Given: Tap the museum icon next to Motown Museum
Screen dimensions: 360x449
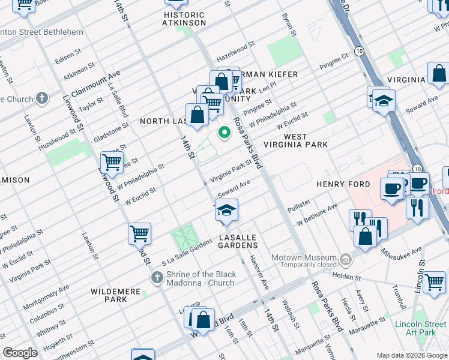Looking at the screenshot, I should coord(346,260).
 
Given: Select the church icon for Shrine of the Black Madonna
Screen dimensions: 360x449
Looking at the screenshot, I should coord(157,277).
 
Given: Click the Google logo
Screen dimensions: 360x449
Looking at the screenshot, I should coord(20,353).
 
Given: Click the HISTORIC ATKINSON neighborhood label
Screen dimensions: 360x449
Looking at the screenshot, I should coord(184,19).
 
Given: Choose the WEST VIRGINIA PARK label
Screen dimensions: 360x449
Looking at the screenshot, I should coord(306,140).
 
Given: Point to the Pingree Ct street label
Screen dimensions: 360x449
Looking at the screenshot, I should coord(335,61).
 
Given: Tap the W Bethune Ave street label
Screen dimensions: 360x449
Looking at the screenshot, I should coord(317,218).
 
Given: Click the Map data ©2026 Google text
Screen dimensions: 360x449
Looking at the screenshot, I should coord(412,355).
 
